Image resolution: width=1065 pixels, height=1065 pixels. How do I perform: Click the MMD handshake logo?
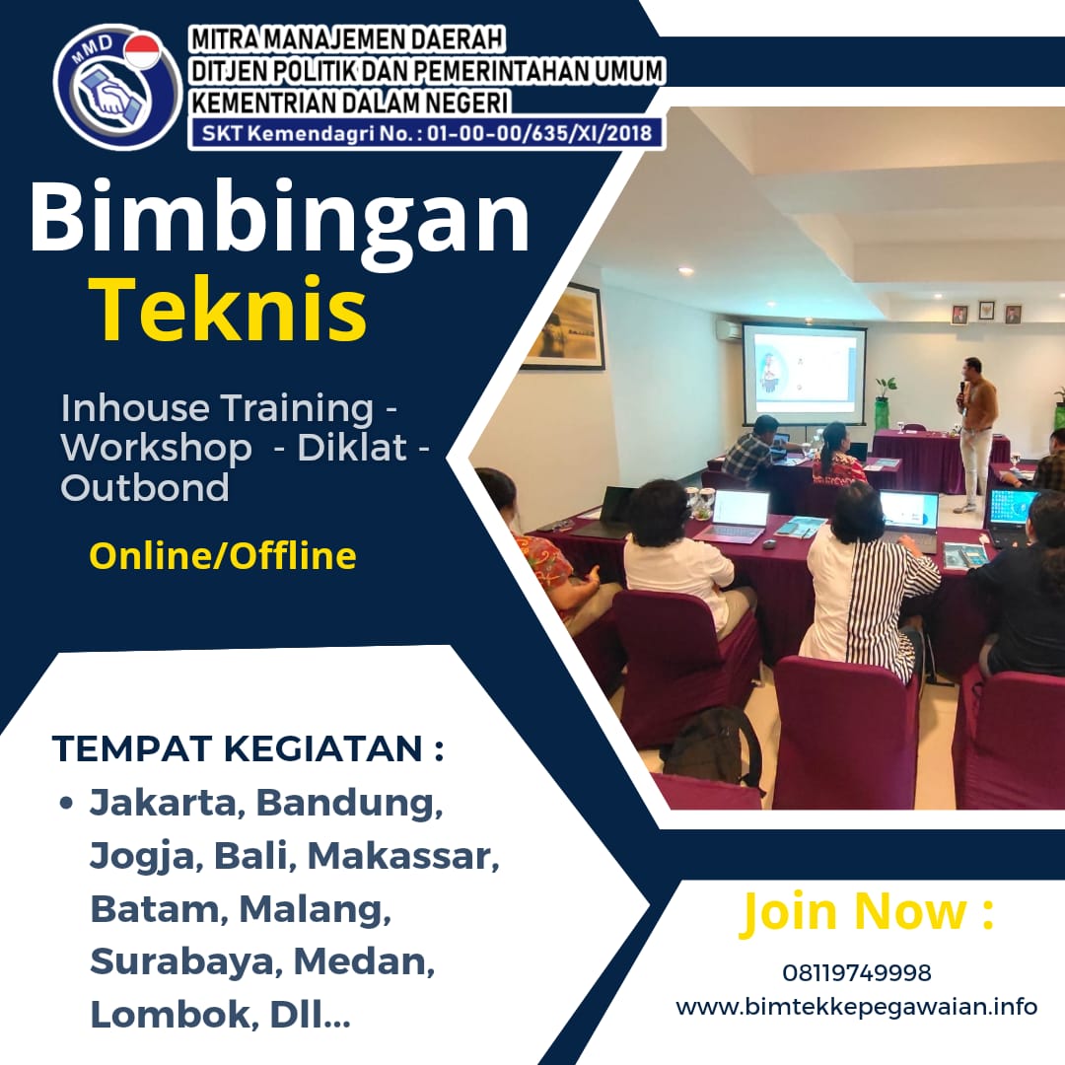click(x=116, y=88)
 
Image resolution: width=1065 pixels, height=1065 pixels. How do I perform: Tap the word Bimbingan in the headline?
click(x=280, y=219)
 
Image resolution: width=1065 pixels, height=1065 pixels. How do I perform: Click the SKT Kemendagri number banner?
click(x=426, y=132)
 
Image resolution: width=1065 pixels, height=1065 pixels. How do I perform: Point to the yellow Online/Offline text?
click(x=223, y=556)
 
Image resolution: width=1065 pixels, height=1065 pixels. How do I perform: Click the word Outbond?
click(x=145, y=487)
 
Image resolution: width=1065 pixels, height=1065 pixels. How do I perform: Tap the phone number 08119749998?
click(x=856, y=973)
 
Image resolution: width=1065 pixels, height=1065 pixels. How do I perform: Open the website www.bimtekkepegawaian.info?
click(x=856, y=1007)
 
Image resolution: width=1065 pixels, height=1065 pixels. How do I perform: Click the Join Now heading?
click(x=867, y=911)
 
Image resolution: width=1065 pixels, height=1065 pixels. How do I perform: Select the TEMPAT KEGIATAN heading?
click(x=248, y=748)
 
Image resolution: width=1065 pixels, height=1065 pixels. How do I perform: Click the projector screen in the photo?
click(x=804, y=372)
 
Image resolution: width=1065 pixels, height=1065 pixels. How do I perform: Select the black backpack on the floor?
click(x=711, y=746)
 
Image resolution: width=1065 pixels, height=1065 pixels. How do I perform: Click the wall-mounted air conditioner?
click(x=729, y=330)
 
